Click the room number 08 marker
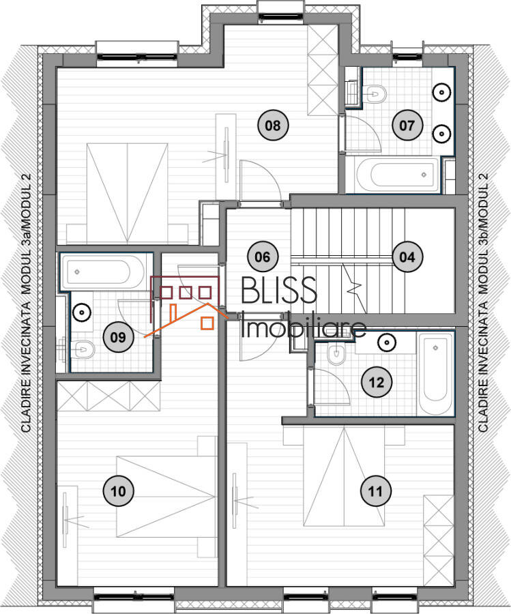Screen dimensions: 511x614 click(x=273, y=126)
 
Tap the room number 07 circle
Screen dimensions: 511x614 click(x=407, y=126)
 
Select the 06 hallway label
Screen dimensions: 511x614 click(x=263, y=257)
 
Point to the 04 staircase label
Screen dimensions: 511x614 click(x=407, y=257)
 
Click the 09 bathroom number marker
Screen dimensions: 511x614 click(x=118, y=337)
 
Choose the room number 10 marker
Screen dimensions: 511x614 click(x=118, y=491)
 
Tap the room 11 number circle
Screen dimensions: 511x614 click(x=375, y=491)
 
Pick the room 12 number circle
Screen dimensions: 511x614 click(x=377, y=382)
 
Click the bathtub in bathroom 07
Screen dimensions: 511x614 click(x=398, y=175)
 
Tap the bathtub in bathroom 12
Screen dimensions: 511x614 click(x=435, y=374)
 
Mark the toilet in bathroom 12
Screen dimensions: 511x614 click(x=336, y=354)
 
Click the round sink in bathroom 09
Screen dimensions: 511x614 click(x=83, y=312)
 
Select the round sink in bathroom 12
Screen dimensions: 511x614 click(x=387, y=342)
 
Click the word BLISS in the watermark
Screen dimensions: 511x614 click(x=279, y=289)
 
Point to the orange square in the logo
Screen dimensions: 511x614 click(x=207, y=323)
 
